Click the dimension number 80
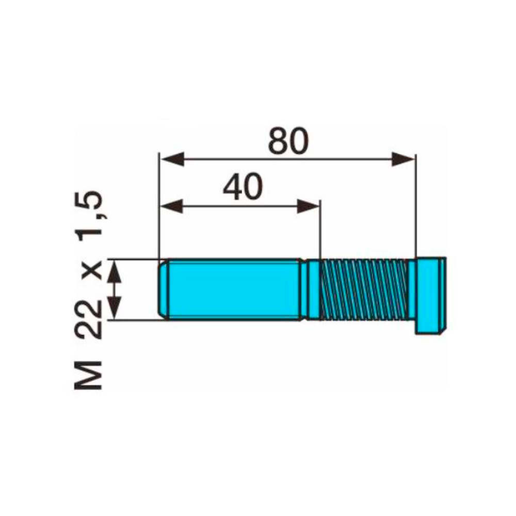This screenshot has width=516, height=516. pyautogui.click(x=288, y=141)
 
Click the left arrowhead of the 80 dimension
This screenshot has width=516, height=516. pyautogui.click(x=172, y=159)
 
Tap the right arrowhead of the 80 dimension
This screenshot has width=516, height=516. pyautogui.click(x=403, y=159)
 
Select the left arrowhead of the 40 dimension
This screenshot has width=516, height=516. pyautogui.click(x=172, y=206)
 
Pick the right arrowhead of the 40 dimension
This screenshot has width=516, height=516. pyautogui.click(x=309, y=206)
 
